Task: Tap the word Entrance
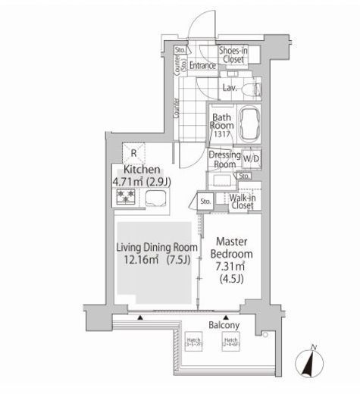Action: point(203,66)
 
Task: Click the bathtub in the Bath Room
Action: point(249,122)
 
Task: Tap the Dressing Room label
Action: point(224,159)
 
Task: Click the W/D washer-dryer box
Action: point(251,158)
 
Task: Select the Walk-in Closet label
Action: point(242,201)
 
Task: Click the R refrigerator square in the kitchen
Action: point(133,150)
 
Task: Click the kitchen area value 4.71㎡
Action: point(127,182)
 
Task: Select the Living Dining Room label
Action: point(157,248)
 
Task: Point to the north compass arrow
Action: point(309,362)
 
